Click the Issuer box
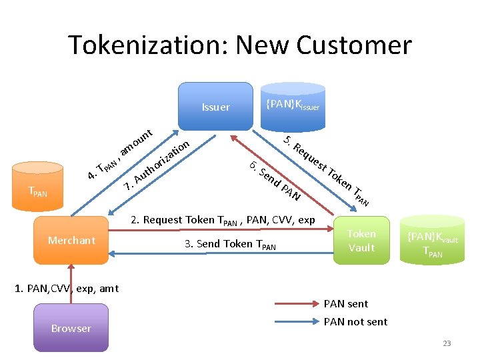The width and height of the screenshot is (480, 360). (215, 107)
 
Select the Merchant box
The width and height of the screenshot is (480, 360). (71, 240)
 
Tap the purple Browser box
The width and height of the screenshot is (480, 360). (71, 328)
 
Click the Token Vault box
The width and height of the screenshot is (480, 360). (361, 241)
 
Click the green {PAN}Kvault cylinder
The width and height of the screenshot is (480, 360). (433, 241)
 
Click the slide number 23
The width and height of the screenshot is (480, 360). (447, 343)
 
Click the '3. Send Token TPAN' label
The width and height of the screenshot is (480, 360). (229, 244)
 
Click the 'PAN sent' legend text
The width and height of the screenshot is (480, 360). (345, 304)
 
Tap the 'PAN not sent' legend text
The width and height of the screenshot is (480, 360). (355, 322)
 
